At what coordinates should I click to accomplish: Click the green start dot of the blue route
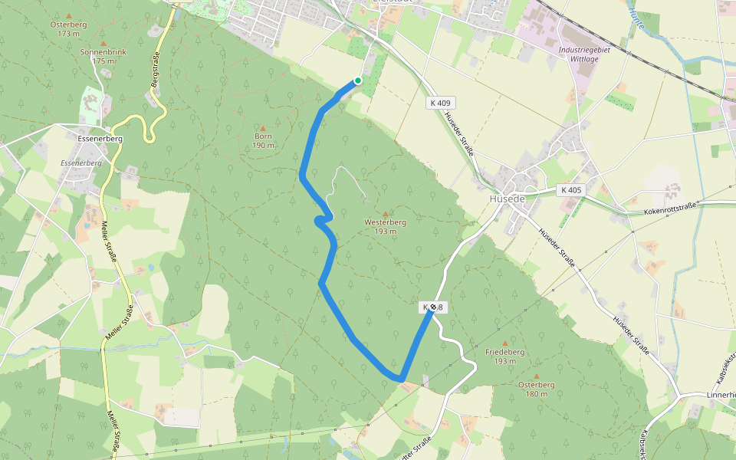coord(358,80)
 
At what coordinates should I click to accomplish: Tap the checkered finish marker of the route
coord(433,307)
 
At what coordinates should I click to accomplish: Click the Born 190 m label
coord(263,140)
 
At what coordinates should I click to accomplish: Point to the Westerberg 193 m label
coord(385,226)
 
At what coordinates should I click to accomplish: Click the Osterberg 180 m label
coord(537,389)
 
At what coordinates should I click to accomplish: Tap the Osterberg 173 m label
coord(69,29)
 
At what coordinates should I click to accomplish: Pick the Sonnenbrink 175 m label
coord(103,56)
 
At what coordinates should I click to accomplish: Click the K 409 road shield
coord(441,103)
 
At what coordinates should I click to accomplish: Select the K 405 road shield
coord(571,189)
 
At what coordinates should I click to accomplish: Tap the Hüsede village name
coord(506,199)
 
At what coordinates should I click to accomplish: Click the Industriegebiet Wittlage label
coord(584,54)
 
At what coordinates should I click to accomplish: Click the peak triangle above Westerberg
coord(385,214)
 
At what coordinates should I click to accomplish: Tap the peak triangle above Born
coord(263,128)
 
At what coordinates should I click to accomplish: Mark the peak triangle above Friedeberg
coord(504,343)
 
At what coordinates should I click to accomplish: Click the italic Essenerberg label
coord(81,163)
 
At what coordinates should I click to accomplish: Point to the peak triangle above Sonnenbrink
coord(103,43)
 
